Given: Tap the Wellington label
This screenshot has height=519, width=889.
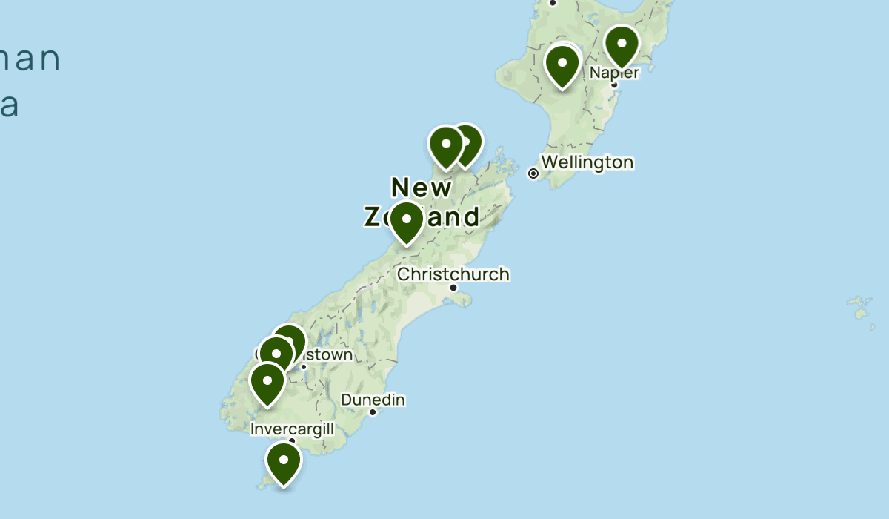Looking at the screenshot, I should coord(587,162).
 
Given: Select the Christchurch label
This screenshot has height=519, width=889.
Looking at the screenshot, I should coord(453,274).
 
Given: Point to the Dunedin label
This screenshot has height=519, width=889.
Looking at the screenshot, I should coord(373,400).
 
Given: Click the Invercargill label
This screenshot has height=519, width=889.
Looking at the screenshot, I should coord(293,429).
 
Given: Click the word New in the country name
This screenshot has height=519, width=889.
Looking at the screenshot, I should coord(421,188).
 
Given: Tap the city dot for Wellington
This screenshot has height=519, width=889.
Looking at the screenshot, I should coord(533,173).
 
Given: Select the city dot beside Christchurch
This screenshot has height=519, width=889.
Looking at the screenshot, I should coord(453,288).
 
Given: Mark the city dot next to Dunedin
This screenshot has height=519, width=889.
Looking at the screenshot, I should coord(373,412).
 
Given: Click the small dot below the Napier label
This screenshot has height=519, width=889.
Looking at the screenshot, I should coord(614,85).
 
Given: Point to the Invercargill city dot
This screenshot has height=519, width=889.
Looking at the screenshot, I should coord(293,441).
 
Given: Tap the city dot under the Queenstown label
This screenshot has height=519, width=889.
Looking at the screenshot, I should coord(303,366).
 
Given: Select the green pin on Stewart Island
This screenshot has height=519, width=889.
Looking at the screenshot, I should coord(284,461).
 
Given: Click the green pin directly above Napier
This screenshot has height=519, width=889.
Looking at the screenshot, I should coord(622,44).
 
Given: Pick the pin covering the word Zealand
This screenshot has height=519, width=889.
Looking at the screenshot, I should coord(407,220).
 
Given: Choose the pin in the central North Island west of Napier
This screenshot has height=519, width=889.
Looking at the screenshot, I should coord(562,64).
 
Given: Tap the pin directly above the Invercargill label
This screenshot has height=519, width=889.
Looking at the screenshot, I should coord(267,383).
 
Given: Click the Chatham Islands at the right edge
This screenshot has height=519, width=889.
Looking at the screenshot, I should coord(862,307).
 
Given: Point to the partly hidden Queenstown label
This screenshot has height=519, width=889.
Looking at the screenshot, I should coord(326,355).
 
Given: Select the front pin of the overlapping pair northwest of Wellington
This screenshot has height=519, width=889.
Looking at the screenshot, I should coord(446,145).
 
